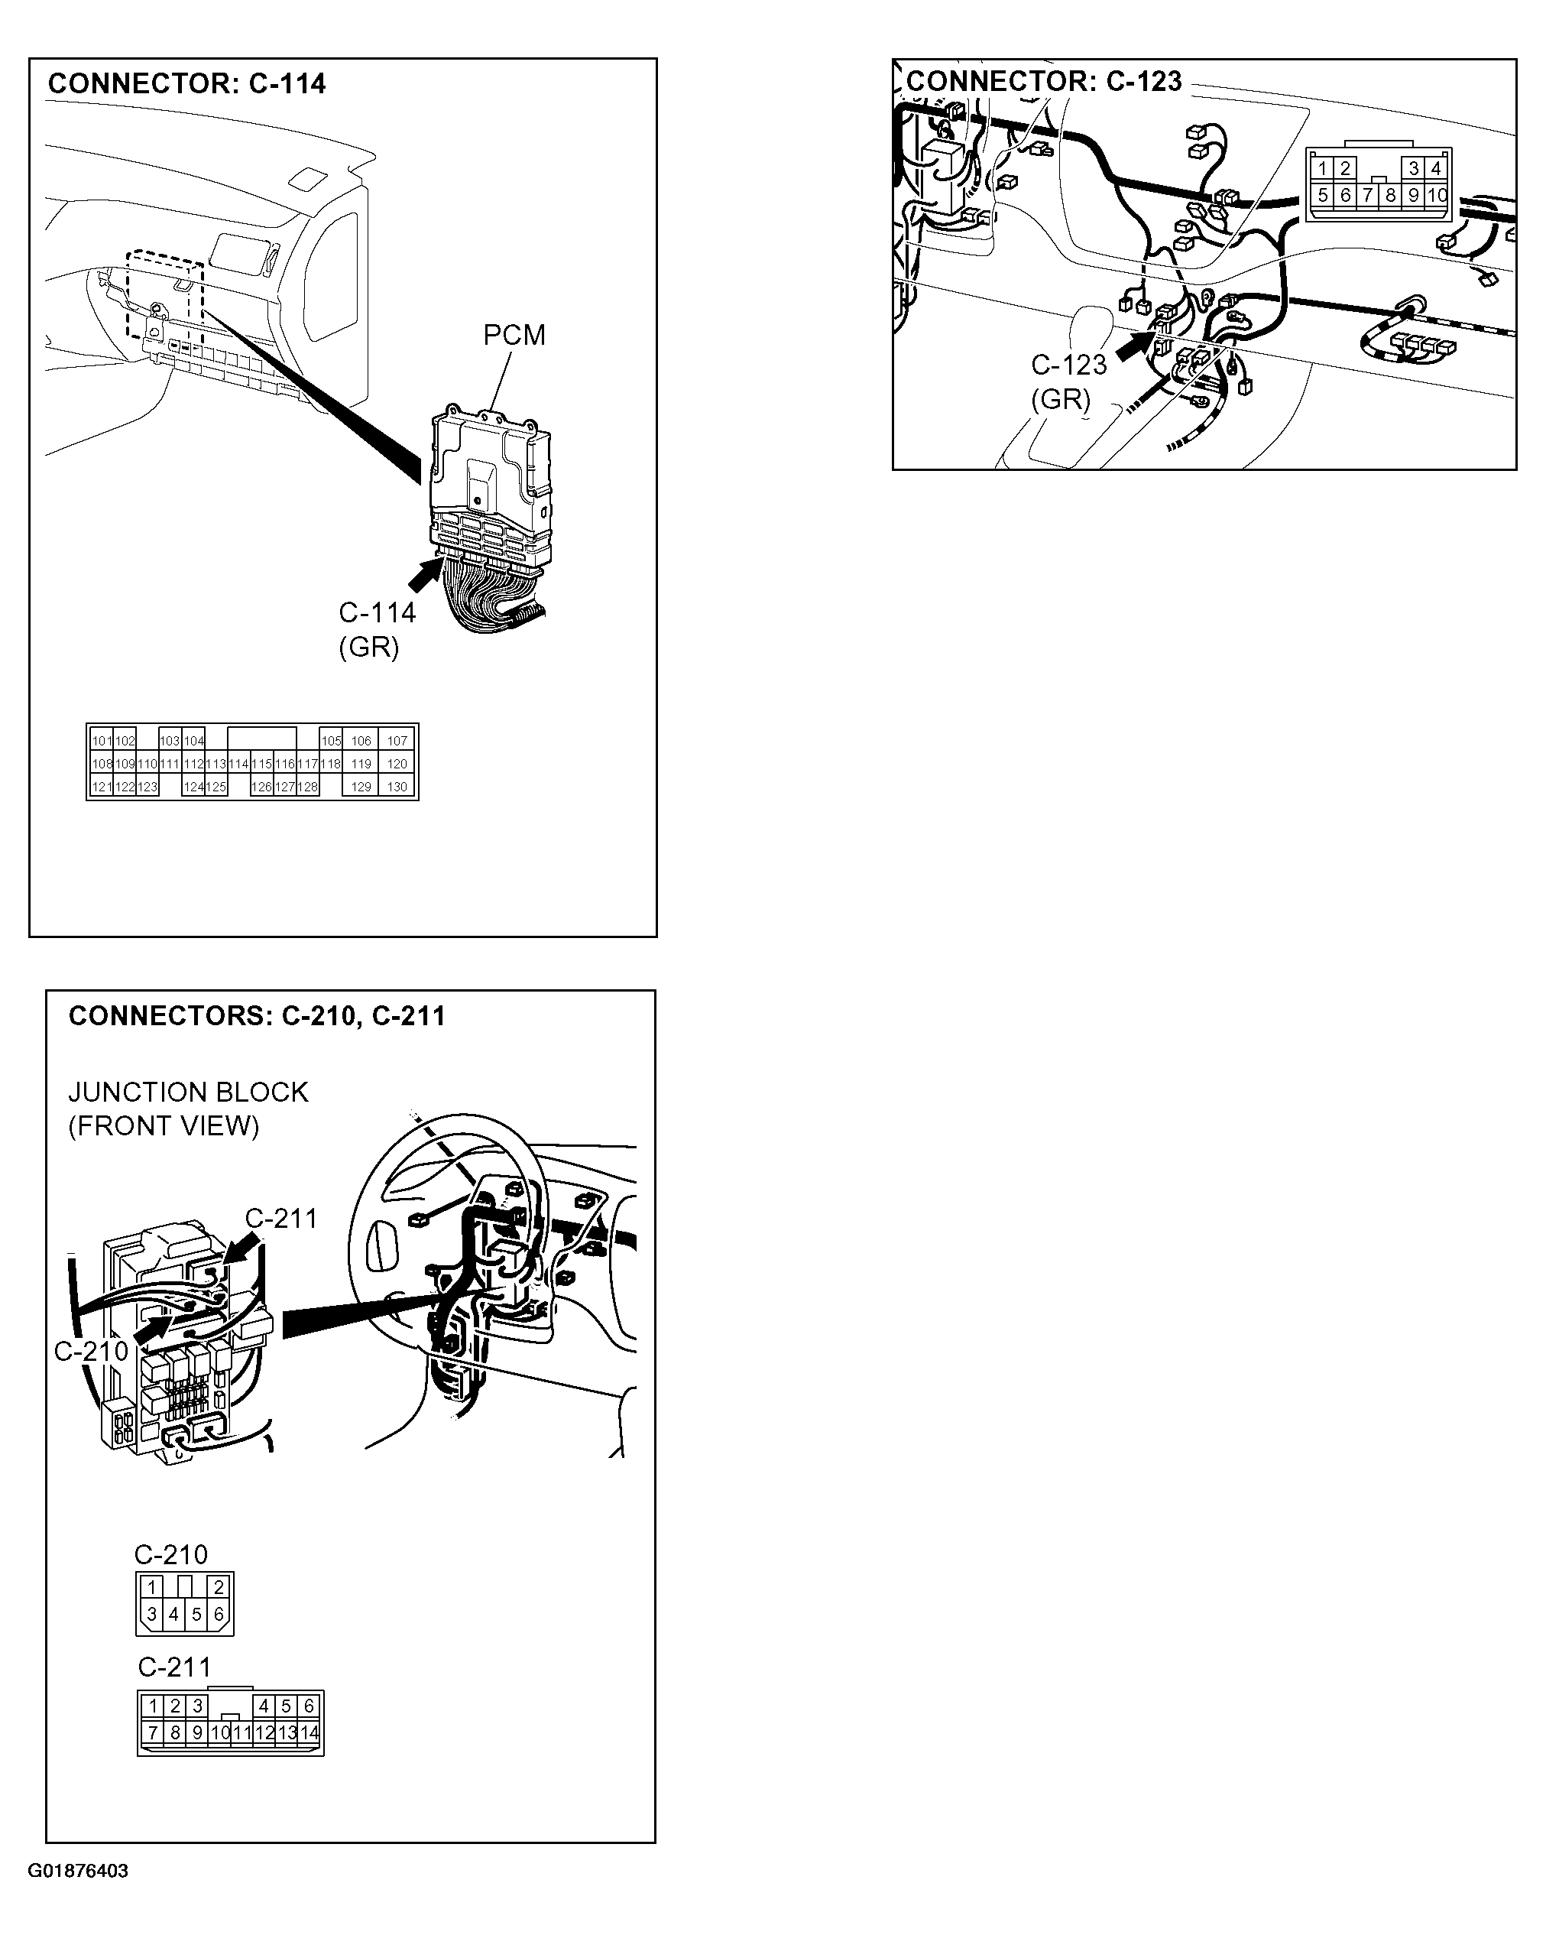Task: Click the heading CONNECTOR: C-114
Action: (186, 83)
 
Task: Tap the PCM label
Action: (514, 335)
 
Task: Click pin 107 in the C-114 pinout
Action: (397, 740)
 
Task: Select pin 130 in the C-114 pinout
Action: (397, 786)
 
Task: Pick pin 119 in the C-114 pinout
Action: (361, 764)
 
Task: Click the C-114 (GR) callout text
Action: (376, 629)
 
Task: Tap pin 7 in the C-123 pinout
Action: (1367, 195)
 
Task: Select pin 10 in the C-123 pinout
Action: (1437, 195)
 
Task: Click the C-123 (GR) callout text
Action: (1068, 381)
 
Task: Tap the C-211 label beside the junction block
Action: (280, 1218)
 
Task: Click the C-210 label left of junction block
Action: (91, 1351)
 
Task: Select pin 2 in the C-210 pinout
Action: (218, 1588)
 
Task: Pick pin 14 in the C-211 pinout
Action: (309, 1732)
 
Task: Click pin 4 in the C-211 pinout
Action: (264, 1705)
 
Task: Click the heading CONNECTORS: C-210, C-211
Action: (257, 1016)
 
